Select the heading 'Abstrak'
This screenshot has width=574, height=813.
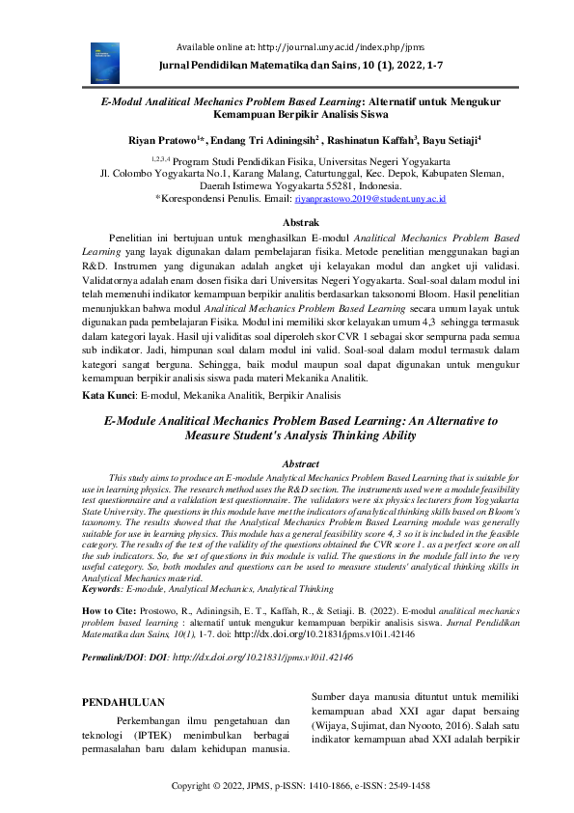click(287, 222)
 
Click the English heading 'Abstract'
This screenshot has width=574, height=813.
click(287, 463)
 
